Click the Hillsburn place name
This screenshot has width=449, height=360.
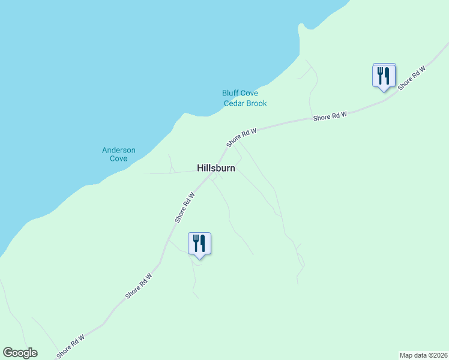(x=216, y=169)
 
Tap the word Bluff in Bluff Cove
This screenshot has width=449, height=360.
(x=231, y=94)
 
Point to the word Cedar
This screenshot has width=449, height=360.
(x=234, y=103)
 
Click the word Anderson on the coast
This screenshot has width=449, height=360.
(x=118, y=150)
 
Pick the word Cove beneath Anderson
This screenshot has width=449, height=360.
(x=118, y=159)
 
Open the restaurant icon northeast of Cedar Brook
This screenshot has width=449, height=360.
(x=384, y=76)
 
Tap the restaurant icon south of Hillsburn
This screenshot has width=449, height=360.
(x=199, y=244)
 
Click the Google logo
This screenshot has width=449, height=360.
(x=20, y=353)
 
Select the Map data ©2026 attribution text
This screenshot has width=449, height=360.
(x=423, y=355)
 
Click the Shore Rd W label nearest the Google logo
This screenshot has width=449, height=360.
(x=71, y=347)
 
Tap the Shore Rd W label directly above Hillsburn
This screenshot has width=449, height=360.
(x=241, y=137)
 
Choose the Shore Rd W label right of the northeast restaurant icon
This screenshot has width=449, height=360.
(x=411, y=77)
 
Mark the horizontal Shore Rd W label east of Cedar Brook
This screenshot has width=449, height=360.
(x=330, y=116)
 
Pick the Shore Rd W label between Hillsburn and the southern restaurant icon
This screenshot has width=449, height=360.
(x=186, y=207)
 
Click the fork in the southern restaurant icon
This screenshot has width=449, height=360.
(x=196, y=243)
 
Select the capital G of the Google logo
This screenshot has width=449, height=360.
(x=8, y=353)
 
